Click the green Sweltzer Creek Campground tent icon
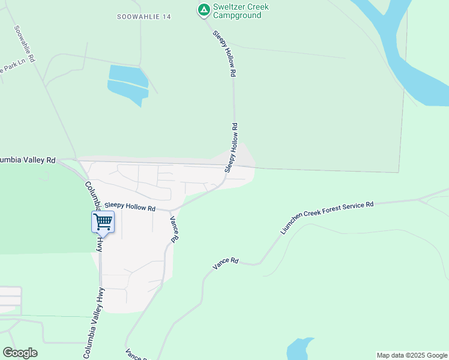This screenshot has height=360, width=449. (x=204, y=10)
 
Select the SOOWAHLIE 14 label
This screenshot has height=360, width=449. (x=144, y=17)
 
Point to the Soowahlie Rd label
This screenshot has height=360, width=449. (x=25, y=44)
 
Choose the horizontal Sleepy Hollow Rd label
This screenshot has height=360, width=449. (x=130, y=206)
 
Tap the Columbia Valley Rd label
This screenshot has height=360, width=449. (x=27, y=160)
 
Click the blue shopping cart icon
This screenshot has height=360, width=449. (x=103, y=221)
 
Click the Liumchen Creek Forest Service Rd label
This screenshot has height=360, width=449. (x=327, y=217)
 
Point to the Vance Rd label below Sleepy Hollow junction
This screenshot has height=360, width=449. (x=173, y=229)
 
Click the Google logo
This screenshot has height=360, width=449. (x=20, y=353)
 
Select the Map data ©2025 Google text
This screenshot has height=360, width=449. (x=412, y=355)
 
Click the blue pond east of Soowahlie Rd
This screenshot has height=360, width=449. (x=128, y=84)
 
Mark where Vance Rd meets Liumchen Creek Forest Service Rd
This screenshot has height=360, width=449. (x=259, y=263)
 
